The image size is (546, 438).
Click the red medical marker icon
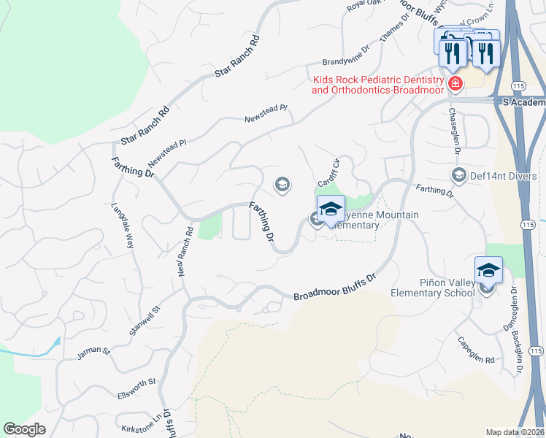455,84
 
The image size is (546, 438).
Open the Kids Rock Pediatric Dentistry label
377,85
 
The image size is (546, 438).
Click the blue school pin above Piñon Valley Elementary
488,272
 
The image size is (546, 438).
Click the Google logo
25,429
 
